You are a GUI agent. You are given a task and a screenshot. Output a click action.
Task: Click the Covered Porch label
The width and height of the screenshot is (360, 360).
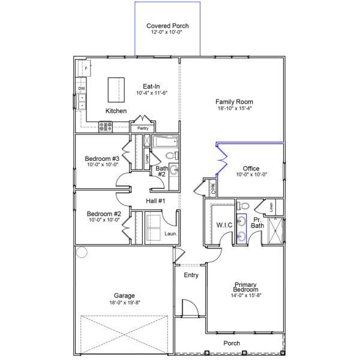pos(167,26)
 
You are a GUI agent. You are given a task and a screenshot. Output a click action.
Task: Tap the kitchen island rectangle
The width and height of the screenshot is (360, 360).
pos(116,90)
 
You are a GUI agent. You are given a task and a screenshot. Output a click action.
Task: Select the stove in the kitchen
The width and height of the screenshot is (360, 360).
pos(106,127)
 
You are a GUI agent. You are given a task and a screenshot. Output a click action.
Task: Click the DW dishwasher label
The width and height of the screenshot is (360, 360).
pos(82,88)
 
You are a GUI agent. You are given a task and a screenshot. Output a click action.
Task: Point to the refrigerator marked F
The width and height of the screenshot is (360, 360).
pos(84,68)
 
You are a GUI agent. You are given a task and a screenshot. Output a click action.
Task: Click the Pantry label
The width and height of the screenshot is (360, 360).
pos(143,128)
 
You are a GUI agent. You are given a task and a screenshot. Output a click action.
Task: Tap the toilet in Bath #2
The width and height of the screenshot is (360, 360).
pos(172,155)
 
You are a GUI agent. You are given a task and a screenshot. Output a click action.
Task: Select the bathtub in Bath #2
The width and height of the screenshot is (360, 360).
pos(166,142)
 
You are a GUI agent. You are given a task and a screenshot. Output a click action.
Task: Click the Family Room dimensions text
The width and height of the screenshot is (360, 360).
pos(235,108)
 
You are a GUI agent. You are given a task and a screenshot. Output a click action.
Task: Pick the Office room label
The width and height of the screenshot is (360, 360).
pos(251,168)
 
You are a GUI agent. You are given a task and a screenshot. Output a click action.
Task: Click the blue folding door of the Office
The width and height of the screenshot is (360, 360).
pos(221,160)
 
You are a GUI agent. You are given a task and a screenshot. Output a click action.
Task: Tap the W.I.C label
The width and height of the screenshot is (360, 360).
pos(224,225)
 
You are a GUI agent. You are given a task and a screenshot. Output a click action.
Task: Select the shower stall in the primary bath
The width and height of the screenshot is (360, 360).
pos(276,230)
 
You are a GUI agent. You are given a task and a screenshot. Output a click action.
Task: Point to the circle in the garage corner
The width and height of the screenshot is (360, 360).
pos(82,252)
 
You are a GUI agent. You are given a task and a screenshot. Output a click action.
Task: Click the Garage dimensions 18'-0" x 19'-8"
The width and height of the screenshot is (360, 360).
pos(125,302)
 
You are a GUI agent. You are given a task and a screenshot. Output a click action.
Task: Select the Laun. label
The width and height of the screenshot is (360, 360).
pos(170,234)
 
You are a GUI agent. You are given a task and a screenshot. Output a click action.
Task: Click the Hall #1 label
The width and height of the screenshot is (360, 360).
pos(155,201)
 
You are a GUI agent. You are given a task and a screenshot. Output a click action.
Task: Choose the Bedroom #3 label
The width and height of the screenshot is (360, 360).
pos(102,158)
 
